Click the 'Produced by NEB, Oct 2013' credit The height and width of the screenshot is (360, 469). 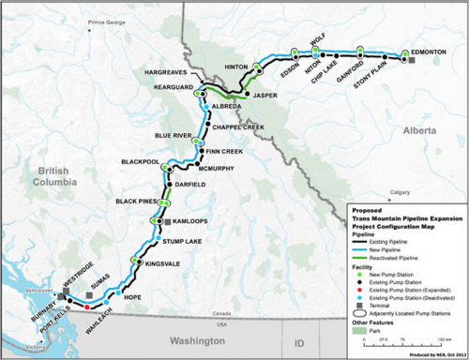click(434, 354)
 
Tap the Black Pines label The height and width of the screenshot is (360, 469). click(134, 201)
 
